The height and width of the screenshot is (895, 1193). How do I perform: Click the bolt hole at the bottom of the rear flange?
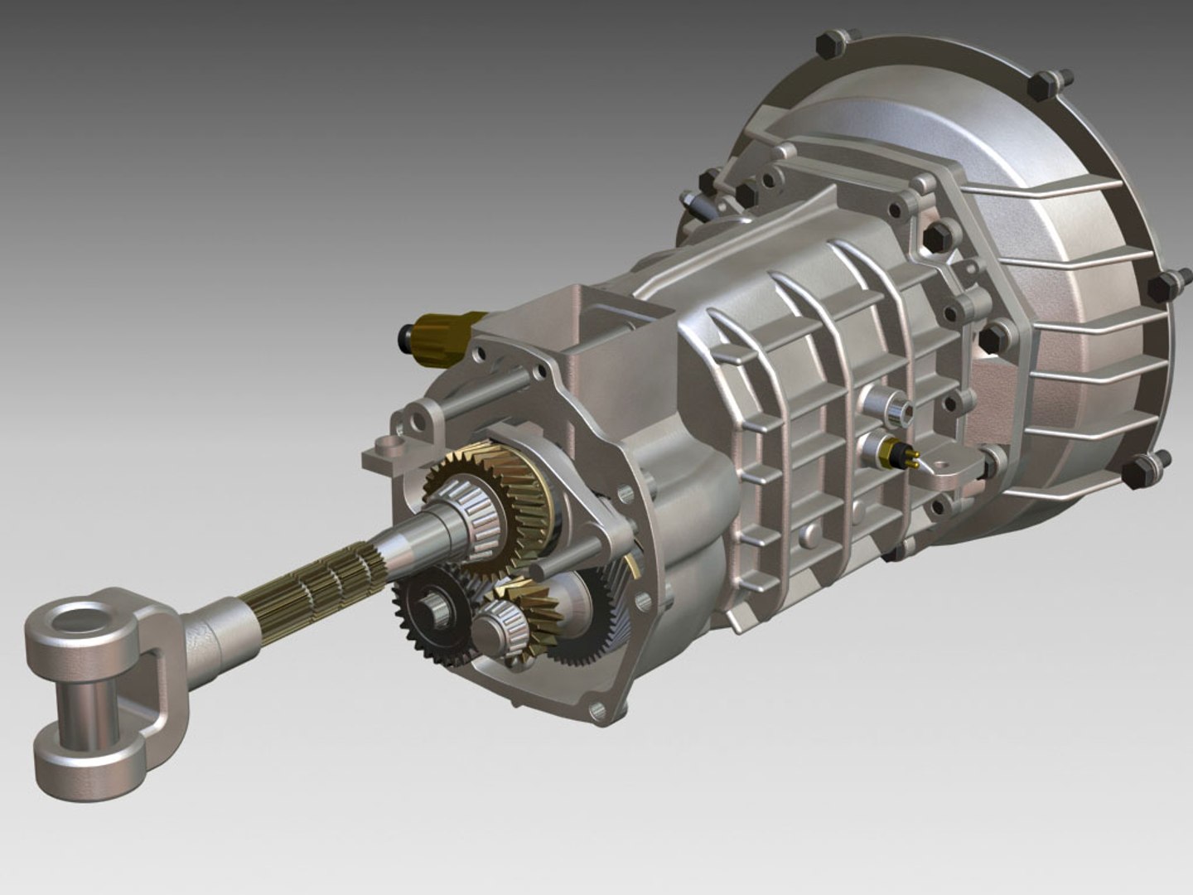click(x=596, y=709)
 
